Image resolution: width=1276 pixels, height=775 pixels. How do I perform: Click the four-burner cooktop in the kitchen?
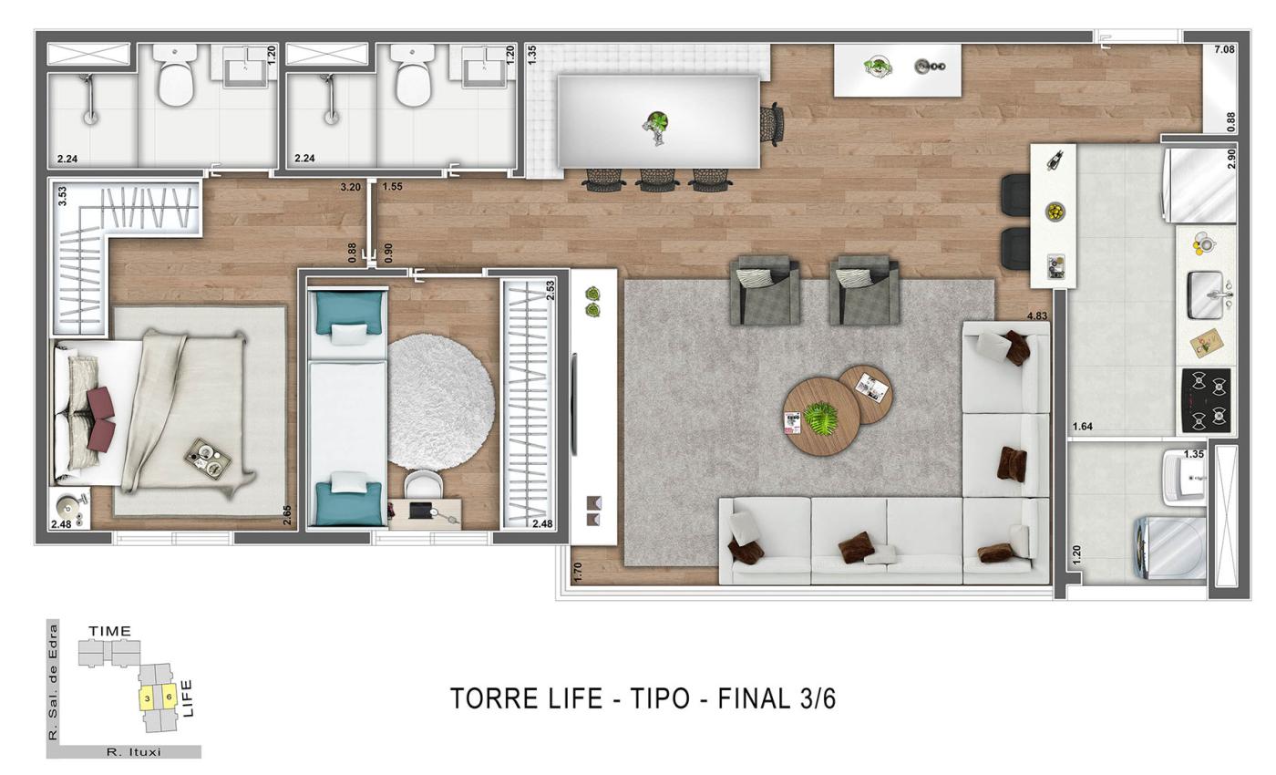1206,399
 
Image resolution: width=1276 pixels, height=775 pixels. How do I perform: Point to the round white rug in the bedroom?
441,401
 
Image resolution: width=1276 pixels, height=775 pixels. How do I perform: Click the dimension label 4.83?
1037,316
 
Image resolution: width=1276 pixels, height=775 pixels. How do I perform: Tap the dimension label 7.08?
1224,49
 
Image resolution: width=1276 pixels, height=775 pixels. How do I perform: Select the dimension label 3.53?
62,196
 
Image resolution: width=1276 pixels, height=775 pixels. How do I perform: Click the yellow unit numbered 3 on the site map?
147,698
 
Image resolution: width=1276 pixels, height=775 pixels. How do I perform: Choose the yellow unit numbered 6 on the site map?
169,697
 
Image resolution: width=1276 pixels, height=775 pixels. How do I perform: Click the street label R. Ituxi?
133,752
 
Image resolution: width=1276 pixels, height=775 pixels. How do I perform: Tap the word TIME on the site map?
109,631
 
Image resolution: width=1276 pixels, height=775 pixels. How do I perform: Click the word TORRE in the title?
483,698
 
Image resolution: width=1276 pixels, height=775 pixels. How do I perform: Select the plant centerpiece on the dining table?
656,125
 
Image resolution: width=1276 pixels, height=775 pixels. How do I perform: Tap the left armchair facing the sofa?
765,291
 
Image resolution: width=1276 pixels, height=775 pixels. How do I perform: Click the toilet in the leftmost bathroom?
174,77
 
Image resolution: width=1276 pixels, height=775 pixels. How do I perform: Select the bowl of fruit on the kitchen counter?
1055,212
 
